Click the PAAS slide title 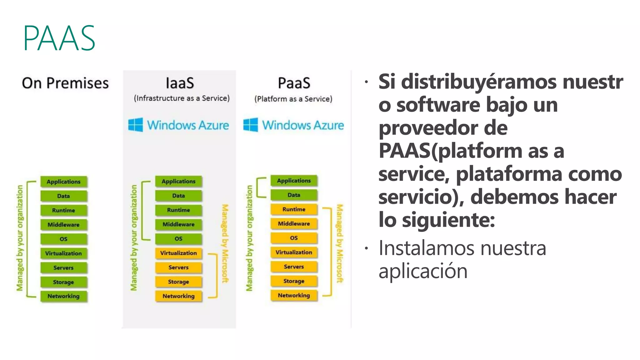click(59, 38)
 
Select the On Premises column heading click(65, 83)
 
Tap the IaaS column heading click(180, 83)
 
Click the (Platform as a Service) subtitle click(293, 99)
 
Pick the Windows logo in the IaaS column click(136, 125)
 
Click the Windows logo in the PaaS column click(251, 125)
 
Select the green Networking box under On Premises click(63, 296)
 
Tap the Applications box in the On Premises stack click(63, 182)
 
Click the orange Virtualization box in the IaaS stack click(178, 253)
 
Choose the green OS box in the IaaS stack click(178, 238)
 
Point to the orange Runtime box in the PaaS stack click(294, 209)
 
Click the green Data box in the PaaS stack click(294, 195)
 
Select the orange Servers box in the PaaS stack click(294, 267)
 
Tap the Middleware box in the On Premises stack click(63, 224)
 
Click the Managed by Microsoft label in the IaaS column click(225, 244)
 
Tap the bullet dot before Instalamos click(366, 249)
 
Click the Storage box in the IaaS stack click(178, 282)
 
